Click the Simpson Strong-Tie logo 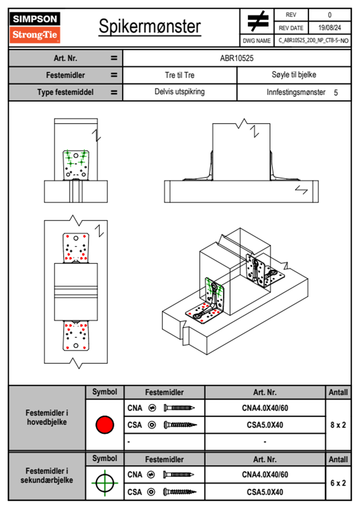tap(34, 28)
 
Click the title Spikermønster tap(149, 26)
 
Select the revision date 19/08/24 tap(329, 28)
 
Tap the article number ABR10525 tap(237, 58)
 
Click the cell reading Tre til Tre tap(179, 75)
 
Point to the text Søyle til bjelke tap(294, 75)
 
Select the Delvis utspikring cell tap(179, 92)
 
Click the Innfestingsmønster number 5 tap(335, 93)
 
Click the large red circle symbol tap(105, 425)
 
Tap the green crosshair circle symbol tap(105, 483)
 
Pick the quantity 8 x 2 tap(338, 425)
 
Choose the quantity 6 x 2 tap(338, 483)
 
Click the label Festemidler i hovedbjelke tap(47, 417)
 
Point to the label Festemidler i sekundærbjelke tap(47, 475)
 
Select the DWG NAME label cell tap(257, 41)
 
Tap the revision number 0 tap(329, 15)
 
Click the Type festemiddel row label tap(65, 92)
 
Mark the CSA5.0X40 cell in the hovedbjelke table tap(265, 425)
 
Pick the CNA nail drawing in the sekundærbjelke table tap(178, 475)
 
